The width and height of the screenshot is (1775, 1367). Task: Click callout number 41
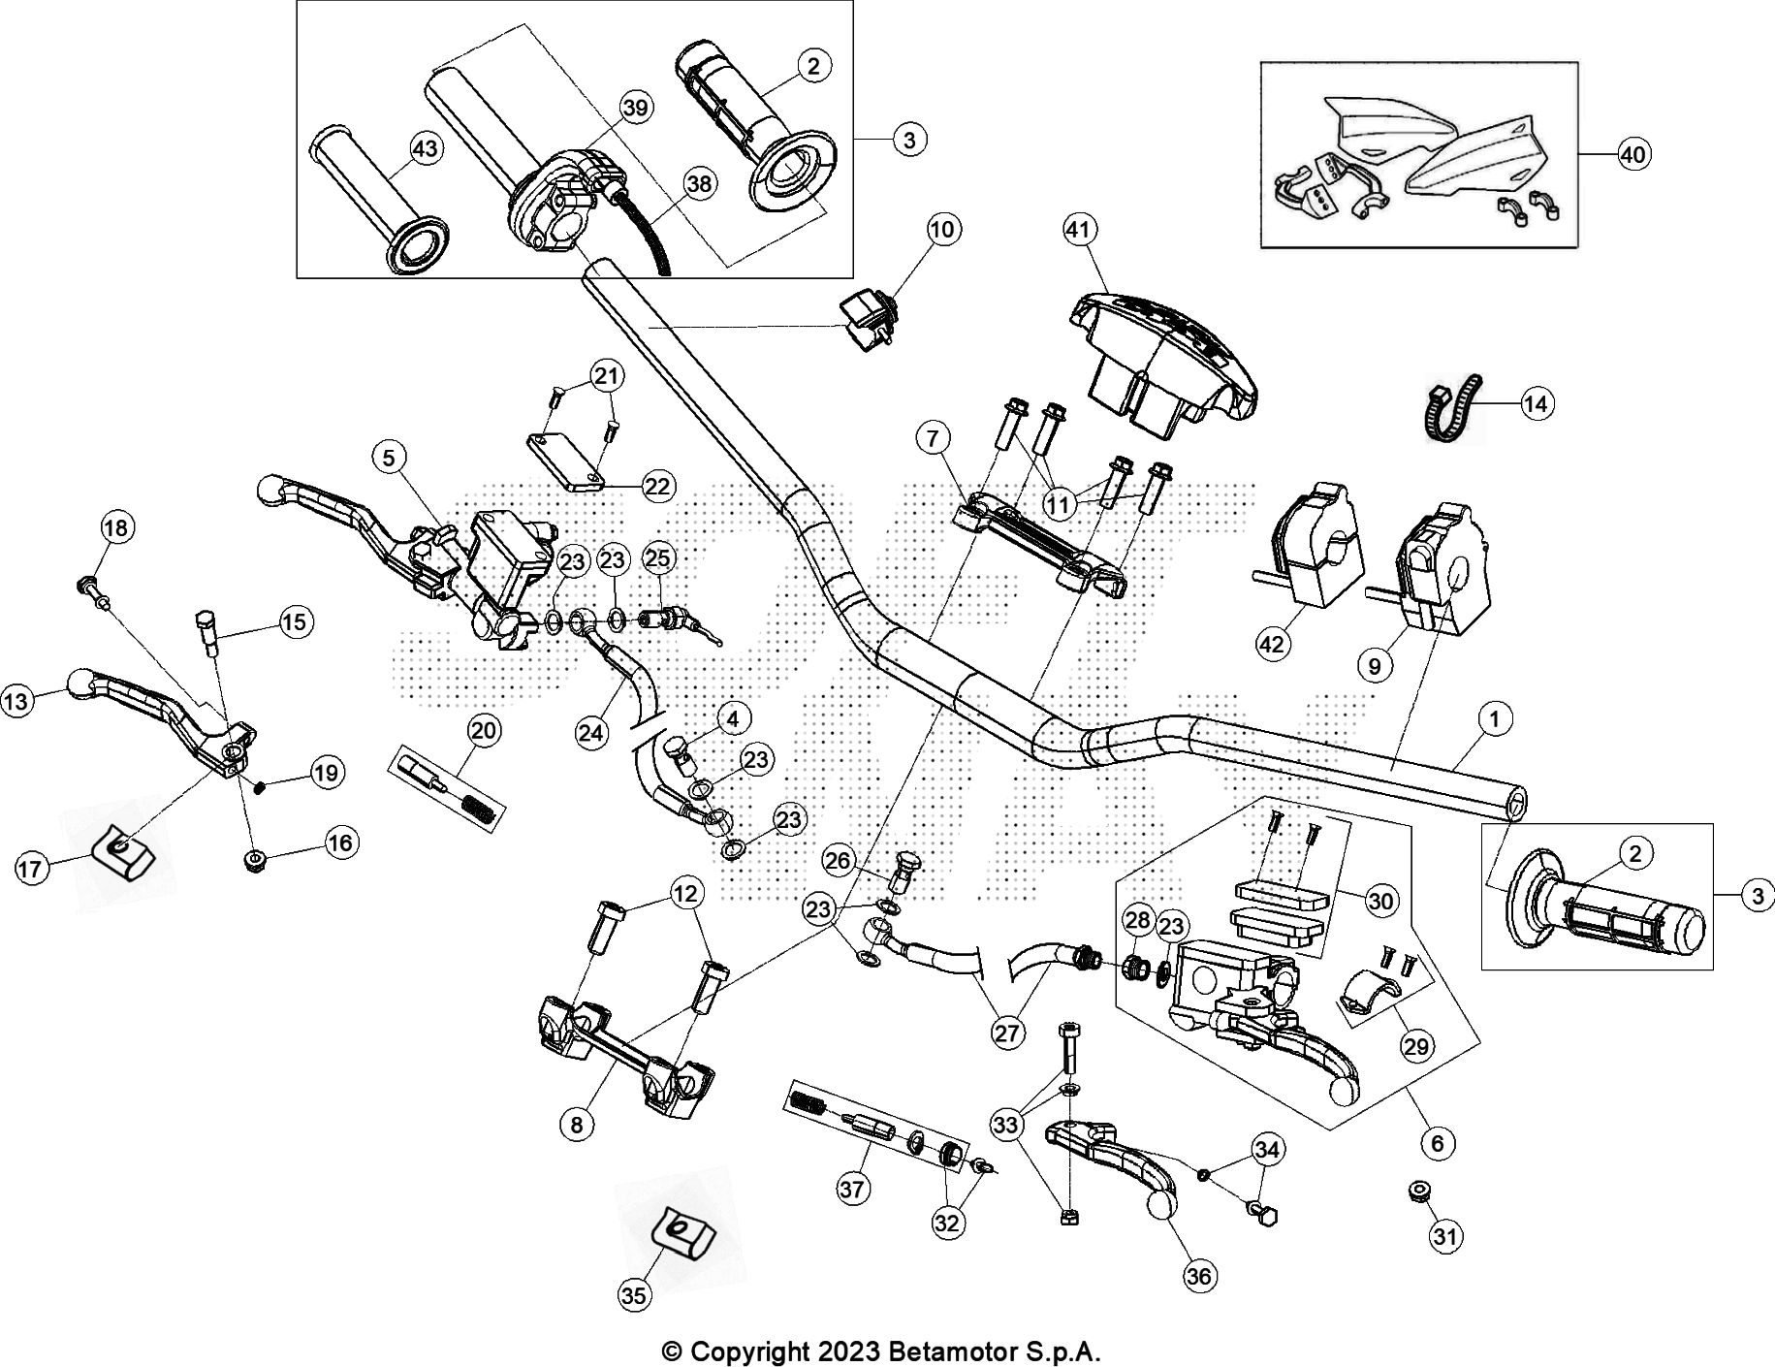(x=1080, y=230)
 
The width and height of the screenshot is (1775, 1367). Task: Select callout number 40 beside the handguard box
(x=1633, y=154)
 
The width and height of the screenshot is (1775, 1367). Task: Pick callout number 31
(x=1444, y=1236)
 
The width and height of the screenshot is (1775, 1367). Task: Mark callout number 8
(x=577, y=1125)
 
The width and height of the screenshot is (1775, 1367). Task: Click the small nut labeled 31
(x=1420, y=1191)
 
